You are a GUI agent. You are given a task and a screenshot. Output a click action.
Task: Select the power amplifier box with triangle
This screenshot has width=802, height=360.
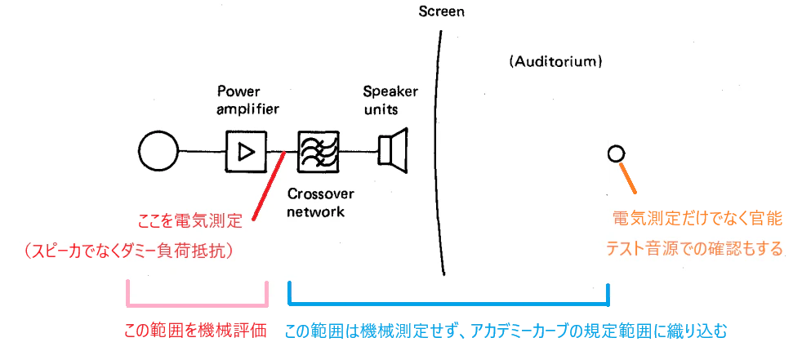click(246, 151)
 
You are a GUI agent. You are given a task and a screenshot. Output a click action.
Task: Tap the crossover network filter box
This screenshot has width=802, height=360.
click(319, 151)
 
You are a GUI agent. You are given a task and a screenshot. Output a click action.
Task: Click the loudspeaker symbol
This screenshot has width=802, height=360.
click(393, 151)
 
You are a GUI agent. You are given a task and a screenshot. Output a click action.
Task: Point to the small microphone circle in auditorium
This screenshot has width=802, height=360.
click(616, 153)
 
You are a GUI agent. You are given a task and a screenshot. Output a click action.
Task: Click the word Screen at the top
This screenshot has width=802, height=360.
click(441, 11)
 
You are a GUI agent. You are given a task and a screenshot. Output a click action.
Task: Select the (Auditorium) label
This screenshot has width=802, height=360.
click(555, 62)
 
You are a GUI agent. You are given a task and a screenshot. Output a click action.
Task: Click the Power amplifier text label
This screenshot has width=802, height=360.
click(248, 100)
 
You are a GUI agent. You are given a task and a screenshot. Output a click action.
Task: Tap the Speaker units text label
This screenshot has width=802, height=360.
click(390, 100)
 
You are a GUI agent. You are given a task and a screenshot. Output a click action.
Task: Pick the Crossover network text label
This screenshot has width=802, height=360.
click(321, 203)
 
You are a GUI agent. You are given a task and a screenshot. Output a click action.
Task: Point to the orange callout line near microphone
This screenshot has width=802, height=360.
click(627, 178)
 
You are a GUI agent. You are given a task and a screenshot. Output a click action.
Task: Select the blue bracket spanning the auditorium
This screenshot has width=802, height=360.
click(449, 304)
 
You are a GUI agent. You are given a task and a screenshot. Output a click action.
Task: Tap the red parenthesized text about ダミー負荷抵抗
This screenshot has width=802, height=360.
click(129, 251)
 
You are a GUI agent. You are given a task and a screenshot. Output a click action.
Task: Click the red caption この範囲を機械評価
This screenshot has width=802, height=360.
click(195, 331)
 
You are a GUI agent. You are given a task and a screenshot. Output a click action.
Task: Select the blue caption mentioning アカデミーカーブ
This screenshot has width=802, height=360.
click(506, 331)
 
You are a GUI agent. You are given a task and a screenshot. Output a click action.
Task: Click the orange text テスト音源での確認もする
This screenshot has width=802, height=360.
click(694, 249)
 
